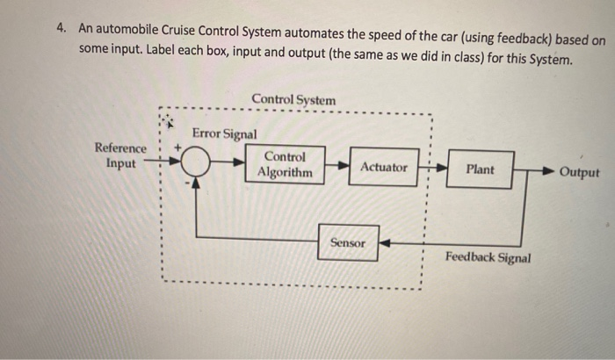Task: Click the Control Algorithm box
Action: tap(284, 165)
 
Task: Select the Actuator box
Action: tap(383, 167)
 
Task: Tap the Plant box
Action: tap(480, 169)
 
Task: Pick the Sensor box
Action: tap(347, 242)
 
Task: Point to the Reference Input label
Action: tap(121, 156)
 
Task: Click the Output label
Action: tap(579, 172)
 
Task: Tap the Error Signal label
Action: tap(224, 133)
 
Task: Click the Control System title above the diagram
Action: tap(293, 100)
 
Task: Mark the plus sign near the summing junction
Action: tap(182, 148)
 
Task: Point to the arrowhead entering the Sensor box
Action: tap(383, 243)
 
